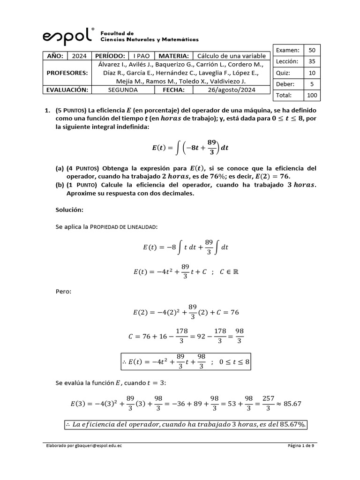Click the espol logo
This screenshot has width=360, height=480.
pyautogui.click(x=68, y=36)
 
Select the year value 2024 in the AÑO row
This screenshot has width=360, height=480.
pyautogui.click(x=79, y=55)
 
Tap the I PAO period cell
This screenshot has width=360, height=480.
pyautogui.click(x=138, y=55)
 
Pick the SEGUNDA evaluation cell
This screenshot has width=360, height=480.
pyautogui.click(x=123, y=90)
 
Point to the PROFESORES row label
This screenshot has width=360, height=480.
pyautogui.click(x=67, y=73)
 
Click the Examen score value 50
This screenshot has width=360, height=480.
pyautogui.click(x=312, y=50)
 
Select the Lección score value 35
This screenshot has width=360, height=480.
pyautogui.click(x=312, y=61)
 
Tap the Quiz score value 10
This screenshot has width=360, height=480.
pyautogui.click(x=312, y=73)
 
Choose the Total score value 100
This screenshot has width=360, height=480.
pyautogui.click(x=312, y=95)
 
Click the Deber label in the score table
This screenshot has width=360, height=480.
pyautogui.click(x=284, y=84)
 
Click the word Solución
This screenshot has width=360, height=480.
pyautogui.click(x=69, y=210)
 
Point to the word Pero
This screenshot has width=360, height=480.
pyautogui.click(x=64, y=291)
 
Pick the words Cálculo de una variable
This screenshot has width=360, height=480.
pyautogui.click(x=231, y=55)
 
